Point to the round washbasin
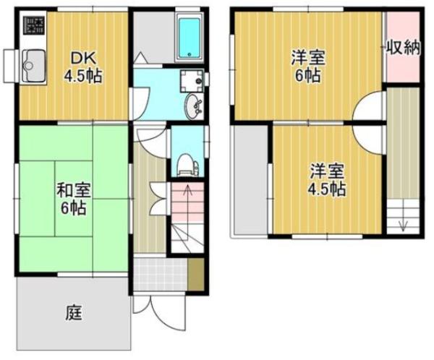coord(194,107)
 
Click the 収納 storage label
coord(402,48)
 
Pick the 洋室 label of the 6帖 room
coord(307,56)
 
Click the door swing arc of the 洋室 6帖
coord(369,108)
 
